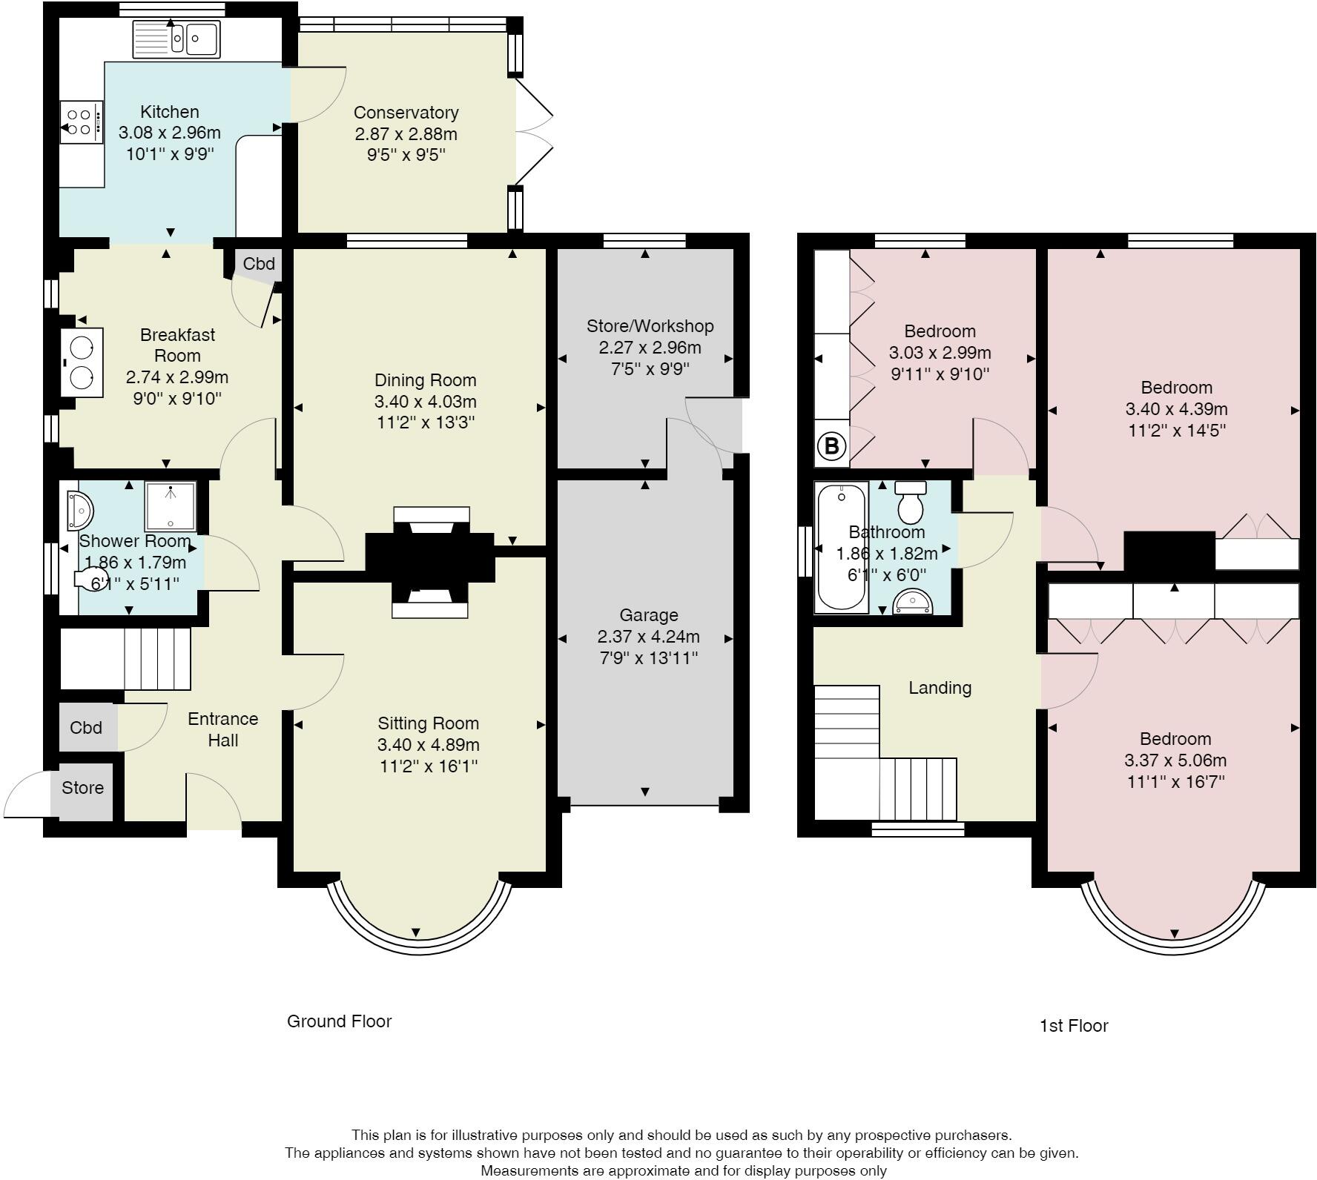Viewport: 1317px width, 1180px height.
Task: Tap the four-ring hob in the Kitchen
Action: [81, 122]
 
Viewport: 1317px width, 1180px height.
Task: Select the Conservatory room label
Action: [406, 113]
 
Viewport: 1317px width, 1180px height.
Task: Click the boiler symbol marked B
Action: [831, 447]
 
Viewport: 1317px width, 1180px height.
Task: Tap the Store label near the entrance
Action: [82, 788]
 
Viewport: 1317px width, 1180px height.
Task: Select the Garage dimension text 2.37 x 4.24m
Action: [648, 637]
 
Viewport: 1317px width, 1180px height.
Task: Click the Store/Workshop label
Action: [650, 326]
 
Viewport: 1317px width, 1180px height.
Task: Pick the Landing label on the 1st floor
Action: [940, 688]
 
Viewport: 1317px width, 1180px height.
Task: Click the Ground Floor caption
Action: [339, 1021]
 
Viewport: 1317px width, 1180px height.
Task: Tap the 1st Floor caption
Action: [1073, 1026]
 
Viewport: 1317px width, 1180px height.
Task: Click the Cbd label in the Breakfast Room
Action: [259, 264]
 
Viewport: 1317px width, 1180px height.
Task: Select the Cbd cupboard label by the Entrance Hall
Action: [86, 728]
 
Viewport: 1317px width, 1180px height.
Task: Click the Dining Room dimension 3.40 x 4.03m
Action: [425, 402]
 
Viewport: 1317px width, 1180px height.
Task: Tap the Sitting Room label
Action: [428, 723]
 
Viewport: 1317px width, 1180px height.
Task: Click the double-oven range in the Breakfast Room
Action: [81, 363]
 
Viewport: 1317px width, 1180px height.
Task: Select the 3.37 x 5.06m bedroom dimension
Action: [1175, 760]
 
